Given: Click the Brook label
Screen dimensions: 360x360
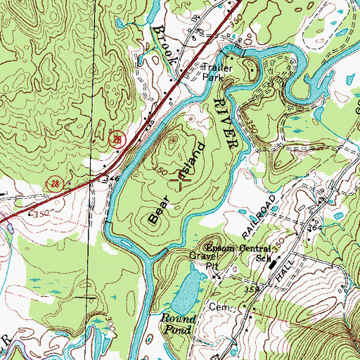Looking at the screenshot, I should tap(163, 46).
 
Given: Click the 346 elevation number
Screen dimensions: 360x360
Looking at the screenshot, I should tap(109, 180).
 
